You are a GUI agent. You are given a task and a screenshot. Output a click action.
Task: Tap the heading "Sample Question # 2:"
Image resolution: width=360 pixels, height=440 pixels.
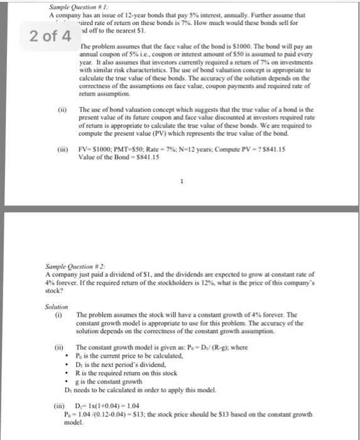click(x=74, y=267)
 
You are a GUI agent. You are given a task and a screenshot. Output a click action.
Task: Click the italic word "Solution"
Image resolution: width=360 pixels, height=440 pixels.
click(x=56, y=306)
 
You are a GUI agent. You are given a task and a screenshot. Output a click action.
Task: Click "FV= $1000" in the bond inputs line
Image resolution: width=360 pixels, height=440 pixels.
click(x=116, y=150)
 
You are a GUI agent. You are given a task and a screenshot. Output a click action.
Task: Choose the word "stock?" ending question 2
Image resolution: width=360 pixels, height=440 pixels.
click(x=55, y=291)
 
